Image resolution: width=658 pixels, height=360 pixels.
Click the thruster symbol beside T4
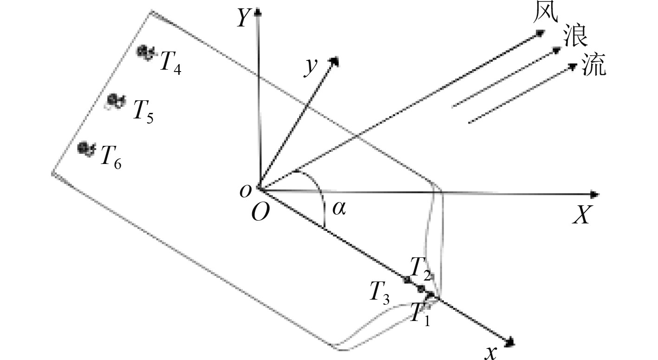click(x=146, y=52)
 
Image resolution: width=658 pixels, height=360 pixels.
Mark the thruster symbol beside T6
click(x=86, y=149)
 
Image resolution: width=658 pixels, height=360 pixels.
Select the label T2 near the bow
click(x=421, y=267)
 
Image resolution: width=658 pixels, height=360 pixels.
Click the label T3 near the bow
click(x=380, y=292)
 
